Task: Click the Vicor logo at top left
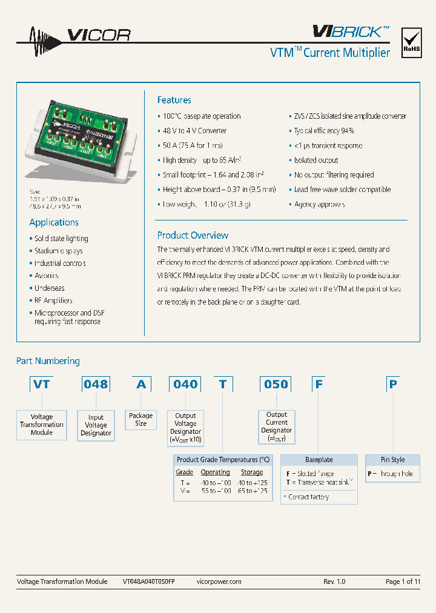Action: click(73, 35)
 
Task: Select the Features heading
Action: click(174, 100)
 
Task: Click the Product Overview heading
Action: click(193, 235)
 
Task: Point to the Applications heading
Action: click(54, 222)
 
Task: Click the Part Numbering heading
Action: click(48, 361)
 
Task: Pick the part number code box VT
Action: click(42, 384)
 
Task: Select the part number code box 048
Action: click(96, 384)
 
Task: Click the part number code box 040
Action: click(185, 384)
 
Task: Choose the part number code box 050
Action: click(276, 384)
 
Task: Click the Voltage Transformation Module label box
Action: click(42, 425)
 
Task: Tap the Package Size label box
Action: click(141, 420)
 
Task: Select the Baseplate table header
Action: click(319, 460)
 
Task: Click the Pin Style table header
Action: click(392, 460)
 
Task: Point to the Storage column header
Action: click(252, 472)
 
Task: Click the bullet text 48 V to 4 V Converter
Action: click(194, 131)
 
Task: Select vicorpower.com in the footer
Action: click(219, 582)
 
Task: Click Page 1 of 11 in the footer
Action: click(403, 582)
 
